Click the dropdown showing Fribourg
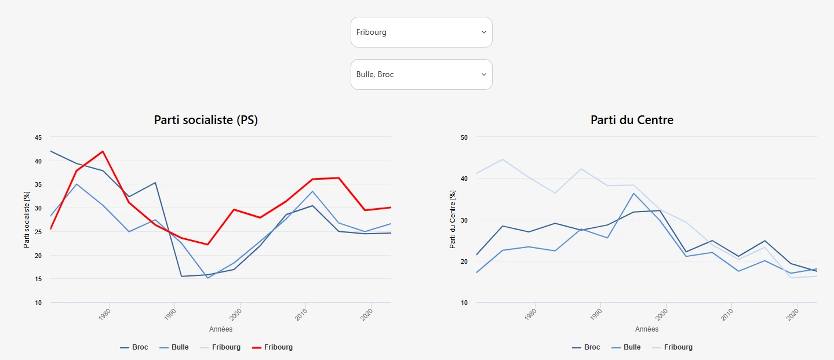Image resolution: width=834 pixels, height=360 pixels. pos(421,32)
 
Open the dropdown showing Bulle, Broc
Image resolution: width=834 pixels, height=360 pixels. pos(421,75)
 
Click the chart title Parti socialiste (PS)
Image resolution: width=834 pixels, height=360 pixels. pos(206,120)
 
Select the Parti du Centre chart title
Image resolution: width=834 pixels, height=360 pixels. pos(632,120)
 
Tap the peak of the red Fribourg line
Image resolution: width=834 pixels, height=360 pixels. pos(103,151)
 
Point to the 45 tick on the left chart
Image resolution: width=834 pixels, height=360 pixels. pos(38,137)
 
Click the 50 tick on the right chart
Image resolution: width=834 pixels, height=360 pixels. pos(464,137)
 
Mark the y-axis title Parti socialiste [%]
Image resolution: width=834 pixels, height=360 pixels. pos(27,220)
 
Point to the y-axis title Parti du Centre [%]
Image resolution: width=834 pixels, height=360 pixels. pos(453,220)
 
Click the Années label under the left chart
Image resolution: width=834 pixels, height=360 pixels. pos(221,329)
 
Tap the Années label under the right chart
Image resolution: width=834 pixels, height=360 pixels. pos(647,329)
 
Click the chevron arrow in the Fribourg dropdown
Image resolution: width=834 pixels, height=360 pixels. pos(484,32)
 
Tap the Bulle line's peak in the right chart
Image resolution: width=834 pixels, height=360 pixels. pos(634,193)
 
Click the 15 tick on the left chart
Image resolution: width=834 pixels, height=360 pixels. pos(38,279)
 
